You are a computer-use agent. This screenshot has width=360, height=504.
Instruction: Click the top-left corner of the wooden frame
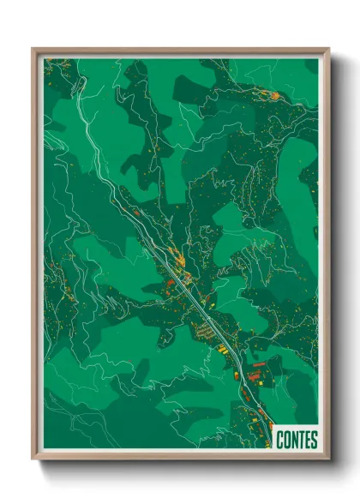(33, 50)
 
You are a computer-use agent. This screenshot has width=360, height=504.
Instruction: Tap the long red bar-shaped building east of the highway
(256, 366)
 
